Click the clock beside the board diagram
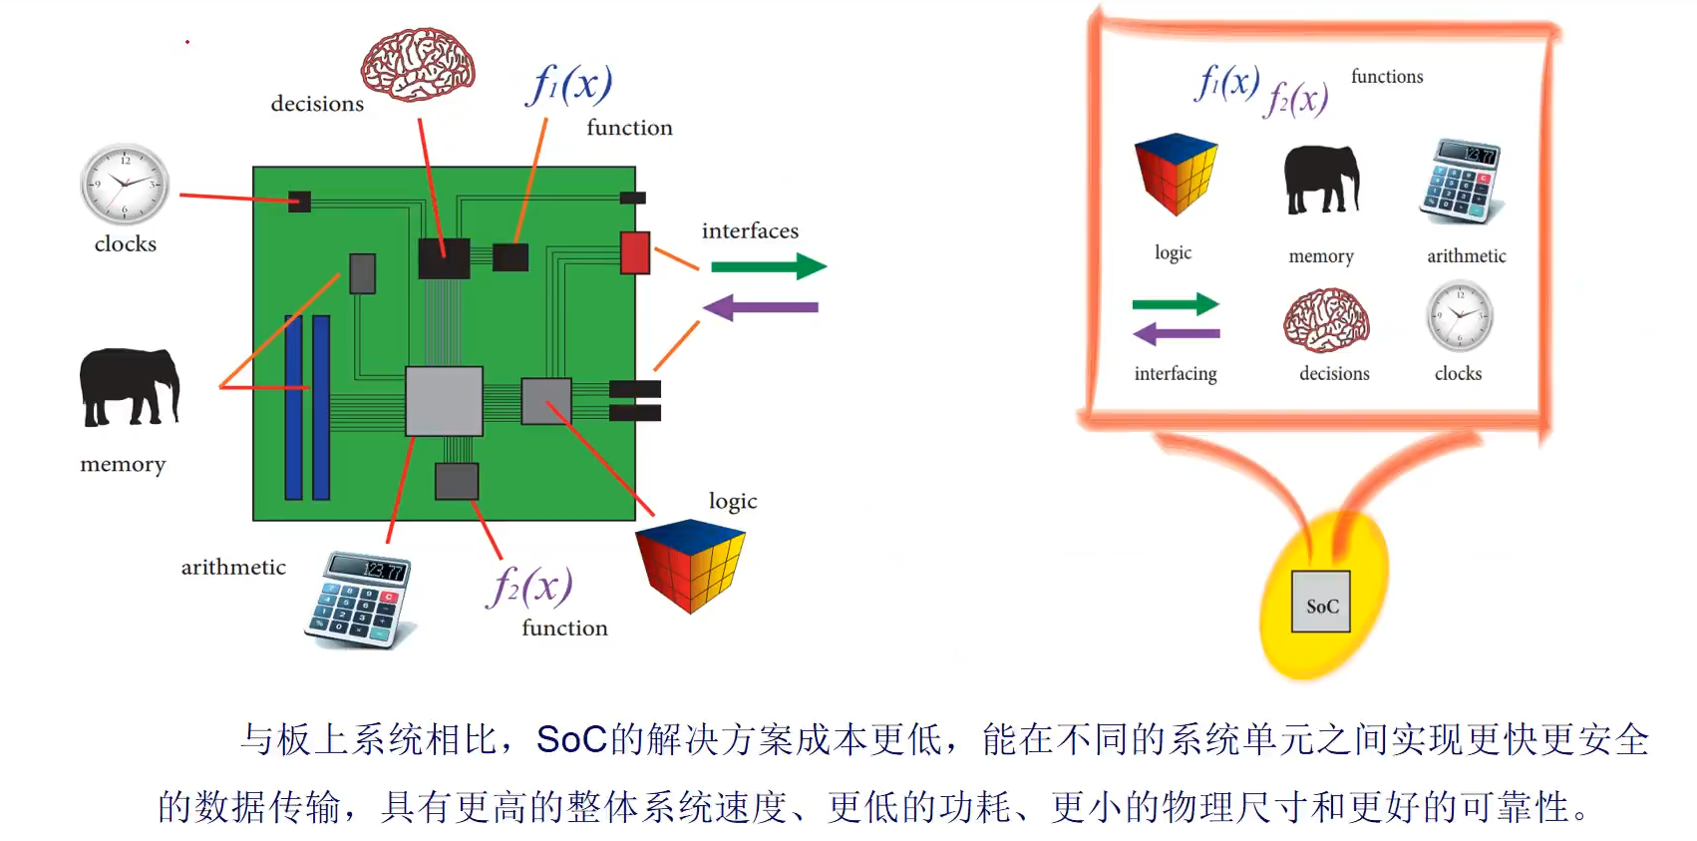125,185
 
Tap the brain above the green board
418,65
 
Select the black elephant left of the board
129,387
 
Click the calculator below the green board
359,601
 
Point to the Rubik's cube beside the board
690,564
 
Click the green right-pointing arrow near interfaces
769,266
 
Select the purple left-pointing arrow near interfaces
761,307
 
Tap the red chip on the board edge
635,252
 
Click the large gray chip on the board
444,401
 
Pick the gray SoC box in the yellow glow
1321,602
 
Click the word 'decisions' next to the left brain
317,104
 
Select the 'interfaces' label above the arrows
750,231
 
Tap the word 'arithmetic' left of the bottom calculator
233,568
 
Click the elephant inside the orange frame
1321,180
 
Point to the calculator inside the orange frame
1462,181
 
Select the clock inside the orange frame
1460,315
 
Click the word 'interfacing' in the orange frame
1176,374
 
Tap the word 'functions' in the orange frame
1387,77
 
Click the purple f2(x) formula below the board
529,586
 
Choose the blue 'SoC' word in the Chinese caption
571,739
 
